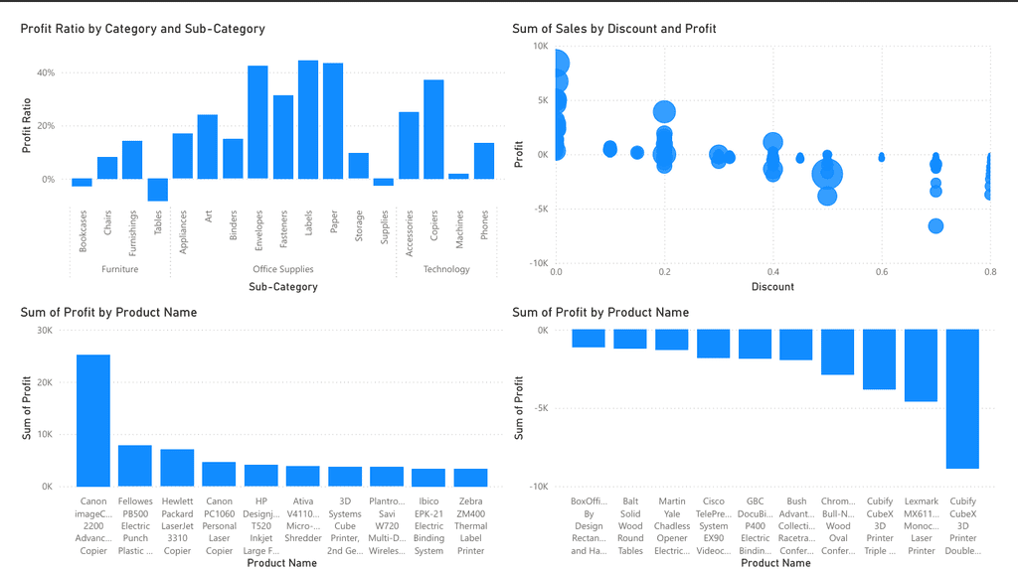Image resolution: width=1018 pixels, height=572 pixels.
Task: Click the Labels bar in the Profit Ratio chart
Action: coord(308,120)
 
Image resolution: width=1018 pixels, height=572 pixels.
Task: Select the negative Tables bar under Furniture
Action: coord(158,190)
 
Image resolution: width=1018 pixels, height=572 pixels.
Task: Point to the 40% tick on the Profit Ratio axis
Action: coord(45,72)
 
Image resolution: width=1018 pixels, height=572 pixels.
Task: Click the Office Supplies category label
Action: coord(283,269)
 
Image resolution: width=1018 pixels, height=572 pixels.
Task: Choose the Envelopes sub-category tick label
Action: coord(258,232)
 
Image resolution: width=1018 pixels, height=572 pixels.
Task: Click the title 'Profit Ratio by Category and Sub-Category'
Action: coord(142,29)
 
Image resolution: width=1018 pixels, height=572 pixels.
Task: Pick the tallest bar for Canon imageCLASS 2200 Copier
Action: coord(93,420)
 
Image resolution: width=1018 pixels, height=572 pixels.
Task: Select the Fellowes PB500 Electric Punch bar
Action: coord(135,466)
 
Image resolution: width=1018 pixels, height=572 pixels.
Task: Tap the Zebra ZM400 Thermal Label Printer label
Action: coord(471,525)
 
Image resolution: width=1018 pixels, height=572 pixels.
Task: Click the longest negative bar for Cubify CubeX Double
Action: coord(962,399)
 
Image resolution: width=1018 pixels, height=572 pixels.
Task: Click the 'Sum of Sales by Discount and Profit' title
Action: coord(613,29)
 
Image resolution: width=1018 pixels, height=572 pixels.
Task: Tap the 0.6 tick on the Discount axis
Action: coord(881,272)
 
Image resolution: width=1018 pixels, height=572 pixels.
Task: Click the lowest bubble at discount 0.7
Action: coord(935,226)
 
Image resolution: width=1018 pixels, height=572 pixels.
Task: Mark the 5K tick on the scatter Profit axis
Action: coord(540,100)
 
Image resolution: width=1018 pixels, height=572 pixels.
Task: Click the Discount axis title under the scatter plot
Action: coord(772,287)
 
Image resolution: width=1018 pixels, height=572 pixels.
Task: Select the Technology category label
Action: coord(446,269)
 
